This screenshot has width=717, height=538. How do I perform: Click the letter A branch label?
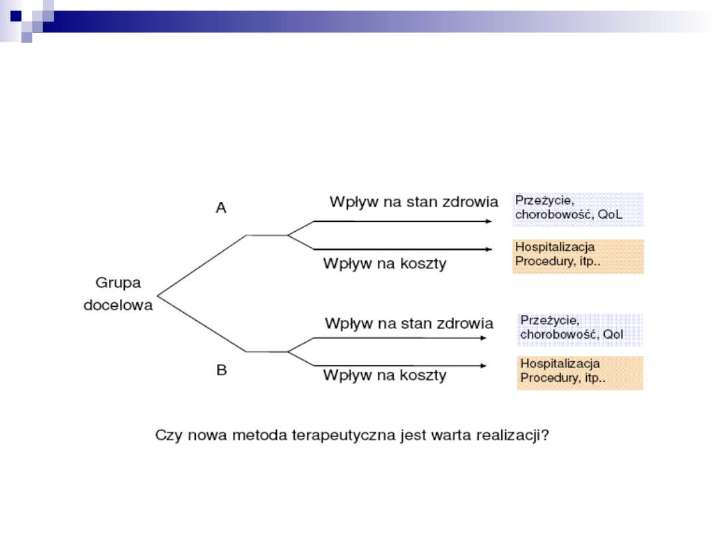(221, 209)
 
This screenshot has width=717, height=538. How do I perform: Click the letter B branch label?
(222, 371)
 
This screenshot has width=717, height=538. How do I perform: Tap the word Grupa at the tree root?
(118, 283)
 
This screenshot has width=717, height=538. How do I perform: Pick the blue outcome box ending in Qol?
(580, 329)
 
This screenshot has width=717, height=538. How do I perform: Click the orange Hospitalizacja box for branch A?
(578, 256)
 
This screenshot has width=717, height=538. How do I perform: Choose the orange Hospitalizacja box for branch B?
(580, 373)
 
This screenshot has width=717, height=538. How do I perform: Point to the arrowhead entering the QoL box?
(495, 221)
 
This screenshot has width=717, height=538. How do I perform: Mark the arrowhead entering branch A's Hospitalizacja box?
(489, 250)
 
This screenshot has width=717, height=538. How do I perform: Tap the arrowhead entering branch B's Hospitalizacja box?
(483, 365)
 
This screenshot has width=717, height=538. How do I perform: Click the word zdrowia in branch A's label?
(468, 201)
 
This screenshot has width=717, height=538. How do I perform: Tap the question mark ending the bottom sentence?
(552, 436)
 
